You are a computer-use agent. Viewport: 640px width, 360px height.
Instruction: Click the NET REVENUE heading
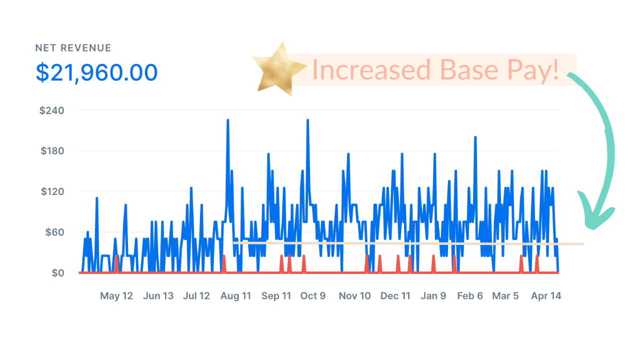click(73, 48)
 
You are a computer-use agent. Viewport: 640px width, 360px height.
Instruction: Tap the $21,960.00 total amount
click(96, 72)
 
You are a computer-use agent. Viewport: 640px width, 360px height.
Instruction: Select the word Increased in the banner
click(371, 70)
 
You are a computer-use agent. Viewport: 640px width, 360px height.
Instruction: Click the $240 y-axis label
click(51, 110)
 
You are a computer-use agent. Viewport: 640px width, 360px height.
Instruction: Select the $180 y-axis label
click(51, 151)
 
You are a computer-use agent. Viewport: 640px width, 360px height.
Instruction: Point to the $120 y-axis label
click(51, 191)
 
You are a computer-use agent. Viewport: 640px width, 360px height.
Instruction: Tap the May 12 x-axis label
click(116, 296)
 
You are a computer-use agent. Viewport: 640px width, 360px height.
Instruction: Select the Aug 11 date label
click(235, 296)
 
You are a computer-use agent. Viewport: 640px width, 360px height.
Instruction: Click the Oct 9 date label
click(313, 296)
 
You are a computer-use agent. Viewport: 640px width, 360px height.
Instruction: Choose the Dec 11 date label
click(395, 296)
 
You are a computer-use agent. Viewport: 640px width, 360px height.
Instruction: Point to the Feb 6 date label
click(470, 296)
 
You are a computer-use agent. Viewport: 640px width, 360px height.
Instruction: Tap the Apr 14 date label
click(546, 296)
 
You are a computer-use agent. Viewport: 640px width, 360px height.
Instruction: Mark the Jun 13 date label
click(158, 296)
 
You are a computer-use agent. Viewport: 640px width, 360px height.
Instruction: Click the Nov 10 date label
click(355, 296)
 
